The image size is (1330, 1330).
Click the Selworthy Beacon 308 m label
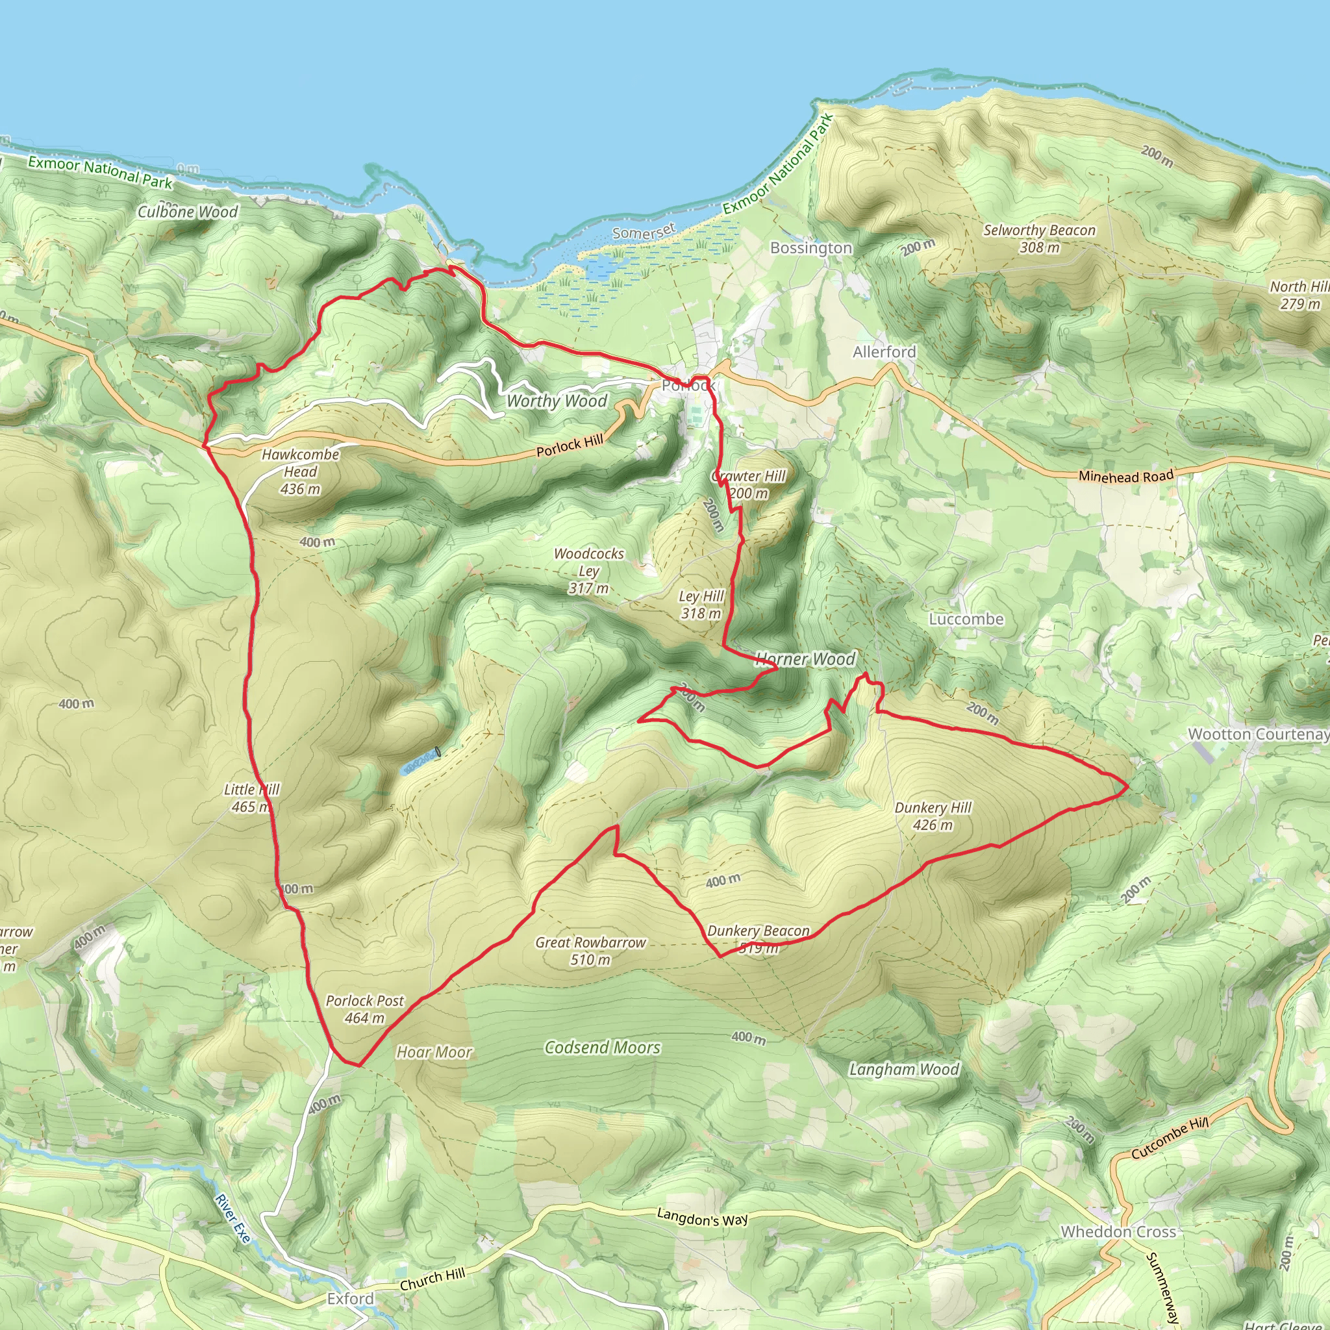coord(1039,238)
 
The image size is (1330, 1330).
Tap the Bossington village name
coord(811,248)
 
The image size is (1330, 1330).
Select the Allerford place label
coord(884,352)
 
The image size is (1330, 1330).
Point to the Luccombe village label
coord(966,619)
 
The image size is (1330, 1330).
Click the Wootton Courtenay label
coord(1259,734)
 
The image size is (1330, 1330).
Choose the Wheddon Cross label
coord(1118,1231)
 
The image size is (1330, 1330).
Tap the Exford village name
coord(351,1298)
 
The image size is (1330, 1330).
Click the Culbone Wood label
coord(187,211)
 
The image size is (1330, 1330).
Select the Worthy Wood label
coord(557,401)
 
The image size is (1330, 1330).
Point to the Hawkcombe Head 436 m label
coord(300,471)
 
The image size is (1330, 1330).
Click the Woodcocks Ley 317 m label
coord(588,571)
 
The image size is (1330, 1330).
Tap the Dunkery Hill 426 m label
coord(933,816)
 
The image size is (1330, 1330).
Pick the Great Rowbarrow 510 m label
coord(591,951)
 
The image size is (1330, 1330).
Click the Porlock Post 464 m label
coord(364,1009)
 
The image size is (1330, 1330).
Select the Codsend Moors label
coord(603,1047)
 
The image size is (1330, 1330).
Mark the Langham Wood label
coord(904,1069)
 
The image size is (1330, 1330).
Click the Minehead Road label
coord(1125,475)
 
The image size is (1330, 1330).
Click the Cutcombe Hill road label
coord(1170,1137)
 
